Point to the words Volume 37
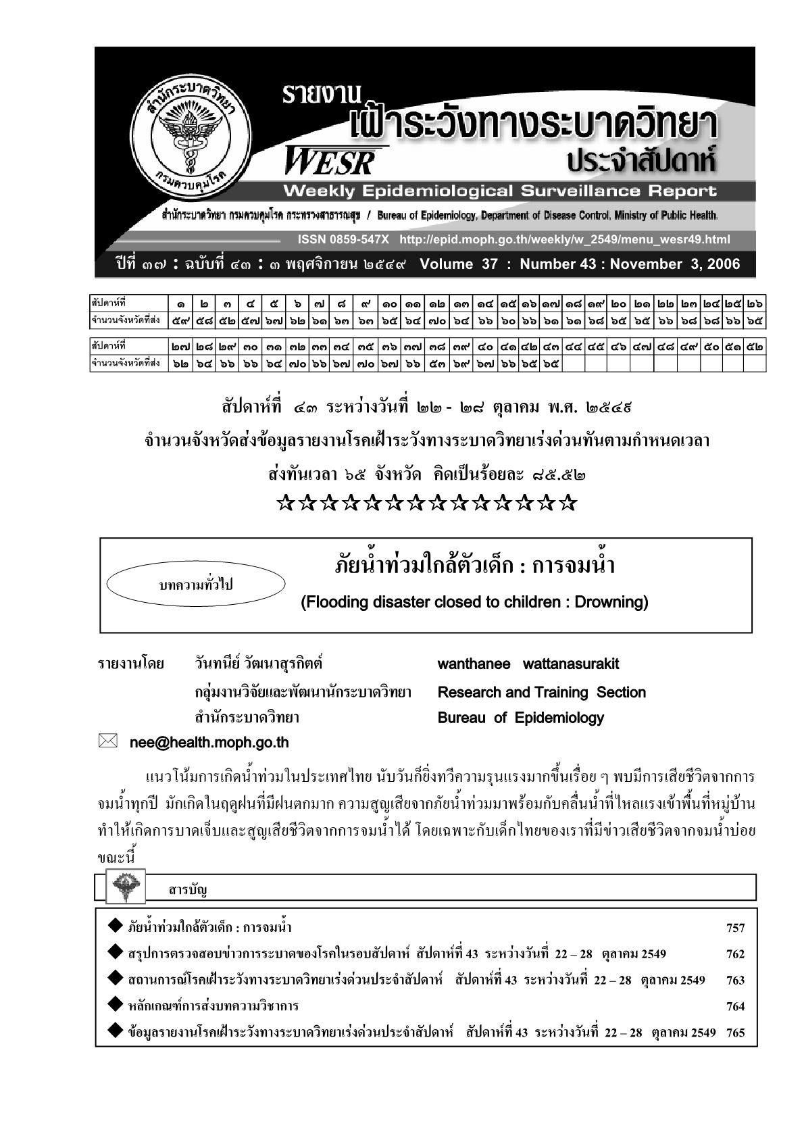(x=458, y=264)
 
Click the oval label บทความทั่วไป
(x=196, y=585)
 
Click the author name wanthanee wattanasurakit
(x=528, y=664)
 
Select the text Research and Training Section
(x=542, y=693)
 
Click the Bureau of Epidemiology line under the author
(x=521, y=718)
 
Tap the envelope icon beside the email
(x=108, y=742)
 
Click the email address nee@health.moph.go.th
(x=209, y=743)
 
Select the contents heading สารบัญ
(x=187, y=889)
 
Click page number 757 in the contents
(x=735, y=928)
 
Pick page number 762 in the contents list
(x=735, y=954)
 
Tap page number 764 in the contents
(x=735, y=1007)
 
